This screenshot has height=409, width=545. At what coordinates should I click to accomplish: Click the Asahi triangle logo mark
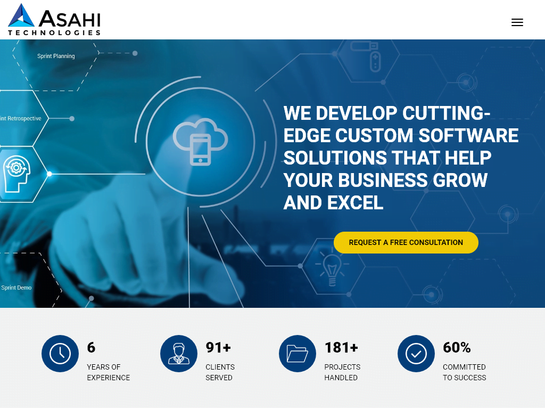pos(22,15)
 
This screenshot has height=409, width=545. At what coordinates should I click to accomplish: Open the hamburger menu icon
pos(517,22)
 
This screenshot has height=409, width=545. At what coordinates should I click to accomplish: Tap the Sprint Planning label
pos(56,56)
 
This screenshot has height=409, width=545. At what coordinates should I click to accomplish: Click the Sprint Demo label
pos(16,288)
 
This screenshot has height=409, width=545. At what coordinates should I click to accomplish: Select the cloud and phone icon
pos(200,142)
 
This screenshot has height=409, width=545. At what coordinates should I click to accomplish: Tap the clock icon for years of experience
pos(60,354)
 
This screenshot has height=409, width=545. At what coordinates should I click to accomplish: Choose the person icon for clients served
pos(179,354)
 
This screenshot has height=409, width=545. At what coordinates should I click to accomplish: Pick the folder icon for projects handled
pos(298,354)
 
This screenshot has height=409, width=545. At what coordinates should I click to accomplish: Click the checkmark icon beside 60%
pos(416,354)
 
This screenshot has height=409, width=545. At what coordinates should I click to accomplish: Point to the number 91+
pos(218,348)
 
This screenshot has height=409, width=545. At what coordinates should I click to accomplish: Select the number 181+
pos(341,348)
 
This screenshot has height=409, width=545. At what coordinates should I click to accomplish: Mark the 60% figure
pos(457,348)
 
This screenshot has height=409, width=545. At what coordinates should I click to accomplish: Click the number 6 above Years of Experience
pos(91,348)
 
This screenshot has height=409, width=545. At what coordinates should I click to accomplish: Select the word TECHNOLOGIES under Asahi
pos(54,32)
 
